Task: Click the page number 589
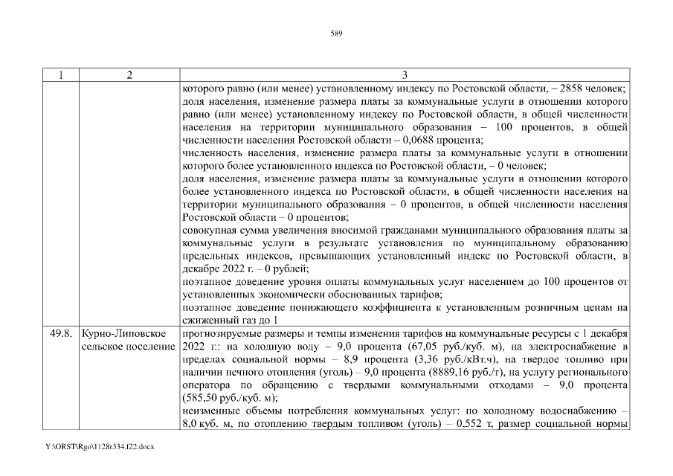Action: coord(336,33)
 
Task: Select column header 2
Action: coord(129,75)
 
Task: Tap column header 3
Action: coord(405,75)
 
